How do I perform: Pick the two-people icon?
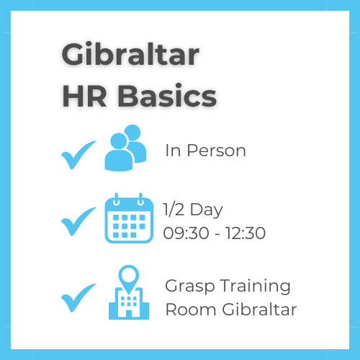pyautogui.click(x=125, y=148)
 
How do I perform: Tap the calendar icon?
pyautogui.click(x=129, y=218)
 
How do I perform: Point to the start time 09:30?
pyautogui.click(x=185, y=233)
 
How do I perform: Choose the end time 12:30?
pyautogui.click(x=246, y=233)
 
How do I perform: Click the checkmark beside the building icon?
pyautogui.click(x=78, y=296)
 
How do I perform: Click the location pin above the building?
pyautogui.click(x=128, y=276)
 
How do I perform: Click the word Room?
pyautogui.click(x=186, y=310)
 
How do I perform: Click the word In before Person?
pyautogui.click(x=171, y=151)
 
